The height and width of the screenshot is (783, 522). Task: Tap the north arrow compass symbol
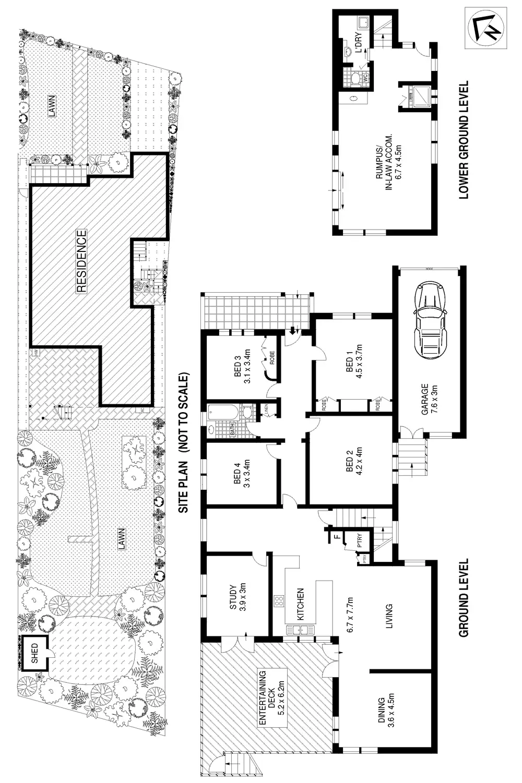tap(485, 28)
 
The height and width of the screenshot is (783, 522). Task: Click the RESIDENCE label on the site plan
tap(81, 261)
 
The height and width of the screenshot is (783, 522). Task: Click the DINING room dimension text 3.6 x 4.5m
tap(391, 712)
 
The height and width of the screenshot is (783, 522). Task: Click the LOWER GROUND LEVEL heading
tap(463, 140)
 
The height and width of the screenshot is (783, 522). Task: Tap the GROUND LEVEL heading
tap(463, 598)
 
